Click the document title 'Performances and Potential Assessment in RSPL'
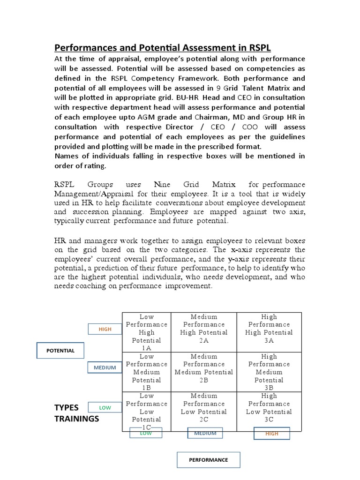(x=163, y=48)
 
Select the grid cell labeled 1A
(x=146, y=332)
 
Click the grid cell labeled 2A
(x=204, y=332)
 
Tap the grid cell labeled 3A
(x=269, y=332)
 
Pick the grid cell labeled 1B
(x=146, y=372)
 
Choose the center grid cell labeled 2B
(x=204, y=372)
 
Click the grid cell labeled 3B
(x=269, y=372)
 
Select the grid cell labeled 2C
(x=204, y=412)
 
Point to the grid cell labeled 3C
(x=269, y=412)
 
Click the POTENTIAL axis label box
(x=60, y=351)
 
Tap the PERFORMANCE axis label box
(x=208, y=460)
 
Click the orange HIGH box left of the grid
(x=105, y=329)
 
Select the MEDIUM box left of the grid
(x=105, y=367)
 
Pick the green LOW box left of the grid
(x=105, y=407)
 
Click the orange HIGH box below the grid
(x=271, y=434)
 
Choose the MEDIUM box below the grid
(x=205, y=433)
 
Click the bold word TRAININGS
(x=77, y=419)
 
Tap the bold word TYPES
(x=67, y=407)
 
